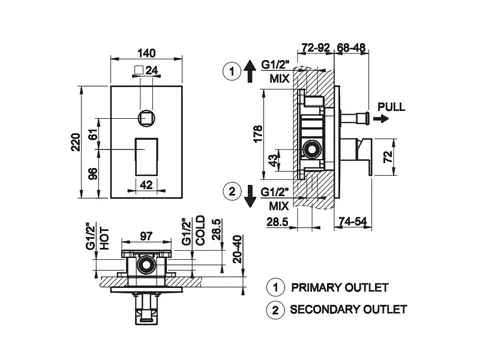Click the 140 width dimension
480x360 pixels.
point(146,53)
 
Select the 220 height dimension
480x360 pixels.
point(76,142)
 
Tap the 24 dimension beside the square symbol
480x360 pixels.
point(152,70)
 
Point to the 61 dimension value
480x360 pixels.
point(94,134)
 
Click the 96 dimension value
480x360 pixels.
point(94,174)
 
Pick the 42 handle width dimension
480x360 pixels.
point(146,184)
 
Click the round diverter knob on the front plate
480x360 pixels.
point(146,118)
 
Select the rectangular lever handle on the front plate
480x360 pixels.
point(146,156)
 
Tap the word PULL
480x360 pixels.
point(391,107)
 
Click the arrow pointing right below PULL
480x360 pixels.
point(381,118)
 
